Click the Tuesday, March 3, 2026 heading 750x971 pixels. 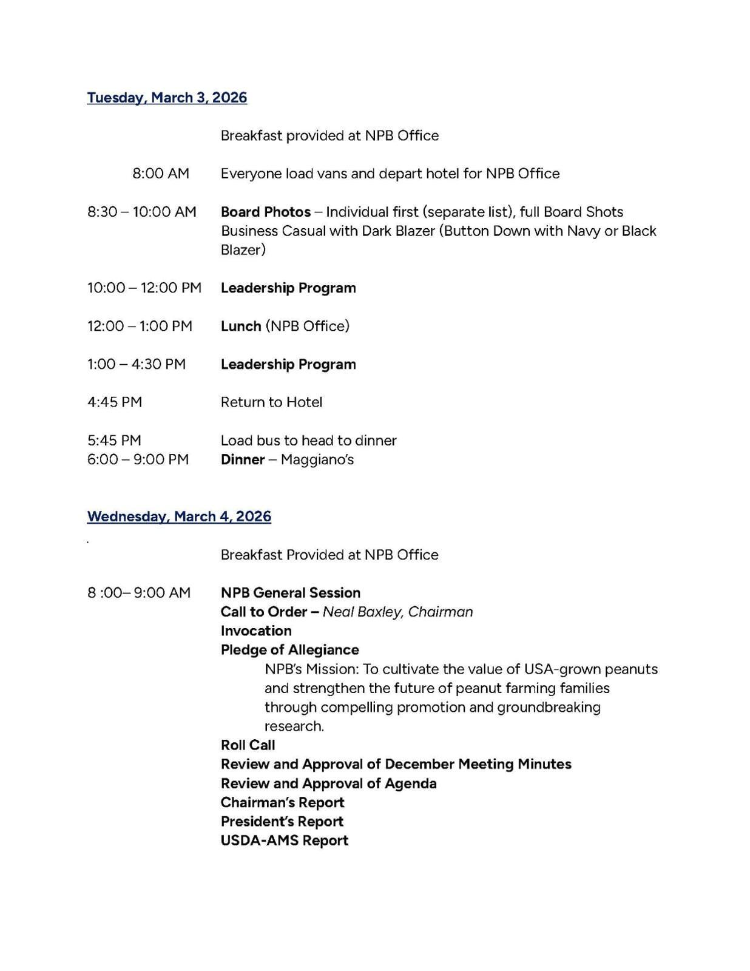167,98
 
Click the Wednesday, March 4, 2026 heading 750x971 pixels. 179,516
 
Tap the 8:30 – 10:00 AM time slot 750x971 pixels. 142,212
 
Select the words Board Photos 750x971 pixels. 266,212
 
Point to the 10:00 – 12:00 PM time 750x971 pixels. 144,288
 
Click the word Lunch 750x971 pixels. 241,326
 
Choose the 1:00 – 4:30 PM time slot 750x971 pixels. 137,364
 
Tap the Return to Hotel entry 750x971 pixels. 271,402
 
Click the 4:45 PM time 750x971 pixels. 115,402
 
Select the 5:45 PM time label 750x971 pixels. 114,440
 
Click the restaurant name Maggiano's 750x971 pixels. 317,459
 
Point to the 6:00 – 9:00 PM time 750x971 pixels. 138,459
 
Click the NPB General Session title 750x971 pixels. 291,593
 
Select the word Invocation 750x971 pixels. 256,631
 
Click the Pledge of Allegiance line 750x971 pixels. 290,650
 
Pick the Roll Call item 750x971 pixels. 248,745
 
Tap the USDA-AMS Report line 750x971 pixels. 285,841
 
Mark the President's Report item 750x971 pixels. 282,822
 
